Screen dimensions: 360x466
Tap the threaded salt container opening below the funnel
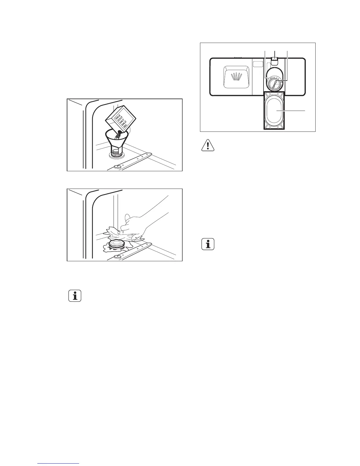click(x=116, y=153)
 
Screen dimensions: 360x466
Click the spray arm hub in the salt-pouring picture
click(x=118, y=167)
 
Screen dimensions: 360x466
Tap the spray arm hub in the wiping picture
click(x=118, y=257)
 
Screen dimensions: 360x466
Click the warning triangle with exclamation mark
click(x=208, y=146)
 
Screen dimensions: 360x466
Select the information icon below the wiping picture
click(x=75, y=296)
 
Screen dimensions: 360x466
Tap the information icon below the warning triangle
click(x=208, y=244)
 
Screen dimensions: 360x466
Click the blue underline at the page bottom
click(x=59, y=464)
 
